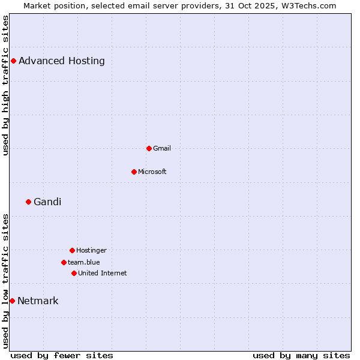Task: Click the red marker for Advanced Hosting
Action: pos(13,61)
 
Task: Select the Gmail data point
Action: pos(149,148)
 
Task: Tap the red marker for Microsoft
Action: pos(134,172)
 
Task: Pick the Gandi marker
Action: pos(28,202)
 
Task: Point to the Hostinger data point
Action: pos(72,250)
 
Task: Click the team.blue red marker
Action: pos(64,262)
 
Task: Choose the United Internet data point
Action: pos(74,273)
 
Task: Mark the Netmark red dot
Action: pos(12,301)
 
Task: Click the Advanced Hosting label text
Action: pos(62,61)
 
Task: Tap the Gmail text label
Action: pos(162,148)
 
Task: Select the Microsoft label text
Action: pos(152,172)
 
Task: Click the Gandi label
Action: pos(47,202)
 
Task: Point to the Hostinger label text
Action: pos(91,250)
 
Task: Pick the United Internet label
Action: pos(103,273)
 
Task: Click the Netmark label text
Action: pos(38,301)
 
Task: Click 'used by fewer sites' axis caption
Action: pos(62,355)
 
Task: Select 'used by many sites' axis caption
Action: pos(301,355)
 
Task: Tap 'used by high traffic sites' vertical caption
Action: pos(5,85)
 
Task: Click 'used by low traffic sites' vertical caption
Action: pos(5,281)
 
